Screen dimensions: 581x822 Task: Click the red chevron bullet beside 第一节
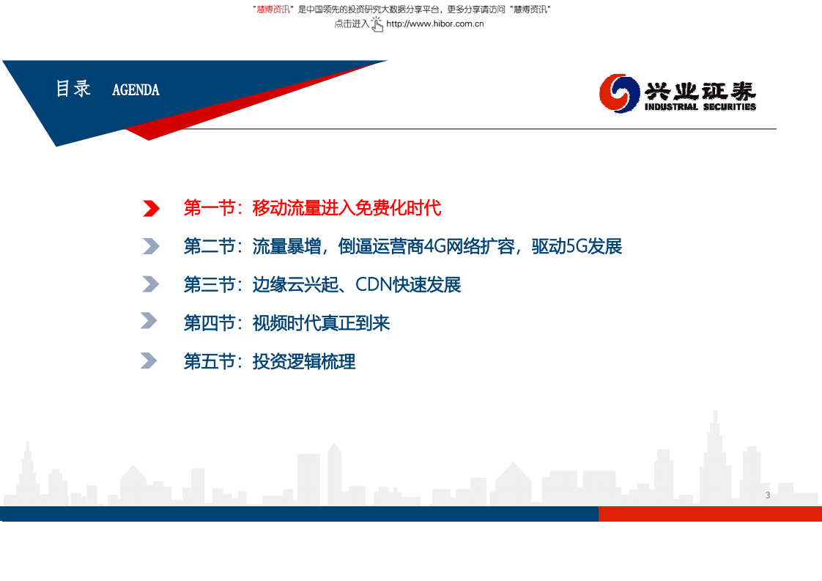coord(151,209)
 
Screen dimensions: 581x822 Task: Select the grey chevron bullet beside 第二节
coord(151,246)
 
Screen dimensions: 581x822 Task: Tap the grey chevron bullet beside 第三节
coord(150,284)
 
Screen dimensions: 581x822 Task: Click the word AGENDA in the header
coord(136,90)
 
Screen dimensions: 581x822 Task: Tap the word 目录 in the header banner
coord(73,89)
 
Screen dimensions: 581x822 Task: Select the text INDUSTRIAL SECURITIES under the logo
coord(700,107)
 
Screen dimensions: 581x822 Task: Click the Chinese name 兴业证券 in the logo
coord(700,90)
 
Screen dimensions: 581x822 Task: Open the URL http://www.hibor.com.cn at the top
coord(434,23)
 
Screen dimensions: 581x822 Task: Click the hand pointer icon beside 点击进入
coord(377,24)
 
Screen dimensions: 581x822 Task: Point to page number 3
coord(768,495)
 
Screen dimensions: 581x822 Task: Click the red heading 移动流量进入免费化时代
coord(347,209)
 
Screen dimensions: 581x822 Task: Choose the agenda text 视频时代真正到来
coord(321,323)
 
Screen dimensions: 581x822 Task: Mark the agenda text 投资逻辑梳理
coord(304,361)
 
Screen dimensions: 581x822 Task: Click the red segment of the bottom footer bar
coord(709,514)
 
